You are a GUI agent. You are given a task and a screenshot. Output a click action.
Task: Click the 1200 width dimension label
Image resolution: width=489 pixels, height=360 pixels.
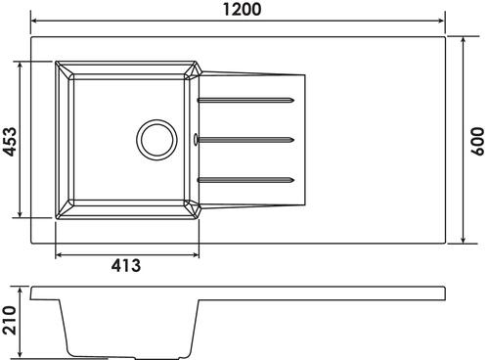click(242, 9)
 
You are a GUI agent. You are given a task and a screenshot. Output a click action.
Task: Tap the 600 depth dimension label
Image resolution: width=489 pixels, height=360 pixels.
click(477, 141)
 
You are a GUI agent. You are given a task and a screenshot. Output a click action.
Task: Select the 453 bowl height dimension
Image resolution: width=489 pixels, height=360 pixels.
click(9, 142)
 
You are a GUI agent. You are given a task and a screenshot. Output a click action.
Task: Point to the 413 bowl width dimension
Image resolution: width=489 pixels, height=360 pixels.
click(126, 265)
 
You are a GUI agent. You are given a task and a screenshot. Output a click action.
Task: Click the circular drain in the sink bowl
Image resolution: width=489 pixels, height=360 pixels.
click(156, 140)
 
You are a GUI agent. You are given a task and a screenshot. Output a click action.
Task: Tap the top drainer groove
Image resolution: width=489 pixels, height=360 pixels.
click(245, 100)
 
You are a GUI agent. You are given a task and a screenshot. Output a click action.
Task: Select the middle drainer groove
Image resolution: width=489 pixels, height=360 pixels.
click(246, 140)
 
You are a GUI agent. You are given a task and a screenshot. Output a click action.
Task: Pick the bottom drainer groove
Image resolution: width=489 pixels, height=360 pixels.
click(245, 180)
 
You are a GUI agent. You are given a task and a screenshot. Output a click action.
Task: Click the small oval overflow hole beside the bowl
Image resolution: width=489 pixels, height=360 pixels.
click(196, 139)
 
